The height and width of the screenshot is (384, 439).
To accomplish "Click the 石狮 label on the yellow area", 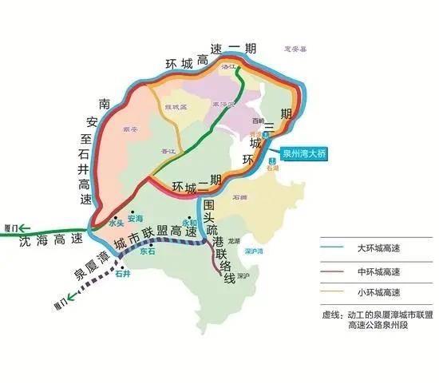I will (x=239, y=196).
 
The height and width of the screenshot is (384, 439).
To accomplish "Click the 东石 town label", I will (x=147, y=251).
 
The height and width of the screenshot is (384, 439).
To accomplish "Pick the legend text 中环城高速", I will (x=382, y=272).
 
